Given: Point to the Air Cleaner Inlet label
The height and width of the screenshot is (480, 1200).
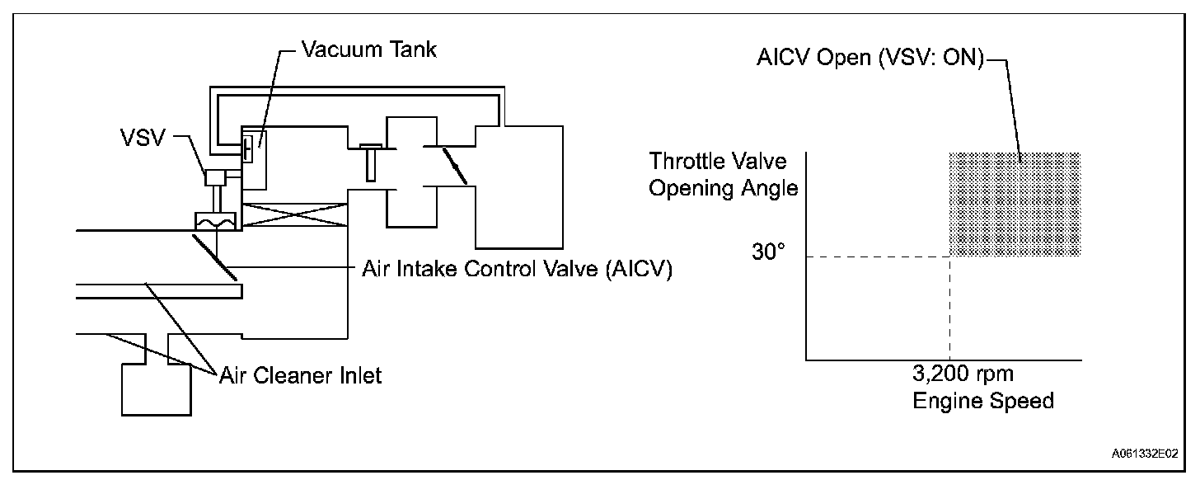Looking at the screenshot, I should pos(301,375).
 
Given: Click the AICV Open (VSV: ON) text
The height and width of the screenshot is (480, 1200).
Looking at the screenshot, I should pos(868,62).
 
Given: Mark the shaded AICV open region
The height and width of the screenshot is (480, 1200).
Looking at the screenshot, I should pos(1015,204).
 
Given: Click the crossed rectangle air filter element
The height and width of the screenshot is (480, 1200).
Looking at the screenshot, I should pos(293,217).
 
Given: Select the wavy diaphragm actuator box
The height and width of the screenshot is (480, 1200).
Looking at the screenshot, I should pos(214,222).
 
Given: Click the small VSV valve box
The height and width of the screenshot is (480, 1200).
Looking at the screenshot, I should pos(217,177).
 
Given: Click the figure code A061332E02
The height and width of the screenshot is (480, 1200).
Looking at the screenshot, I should pos(1144,453).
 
